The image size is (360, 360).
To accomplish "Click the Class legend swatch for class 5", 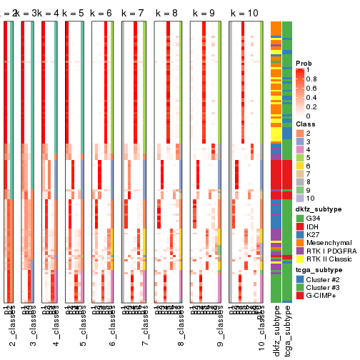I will tap(301, 157).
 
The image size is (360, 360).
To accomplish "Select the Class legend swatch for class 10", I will tap(301, 196).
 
